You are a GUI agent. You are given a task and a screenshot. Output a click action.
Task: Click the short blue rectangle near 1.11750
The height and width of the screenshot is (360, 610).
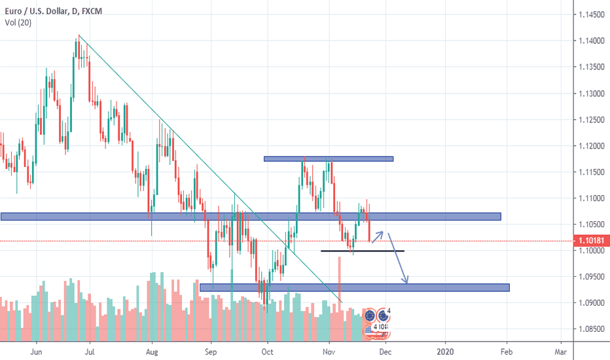[x=328, y=158]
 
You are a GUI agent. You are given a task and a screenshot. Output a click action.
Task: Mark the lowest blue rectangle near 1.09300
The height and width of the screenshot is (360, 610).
[x=354, y=287]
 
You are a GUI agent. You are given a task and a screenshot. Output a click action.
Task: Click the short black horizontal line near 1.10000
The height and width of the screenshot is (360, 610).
[x=362, y=251]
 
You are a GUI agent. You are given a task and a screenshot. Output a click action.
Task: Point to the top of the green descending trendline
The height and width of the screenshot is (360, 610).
[x=79, y=35]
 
